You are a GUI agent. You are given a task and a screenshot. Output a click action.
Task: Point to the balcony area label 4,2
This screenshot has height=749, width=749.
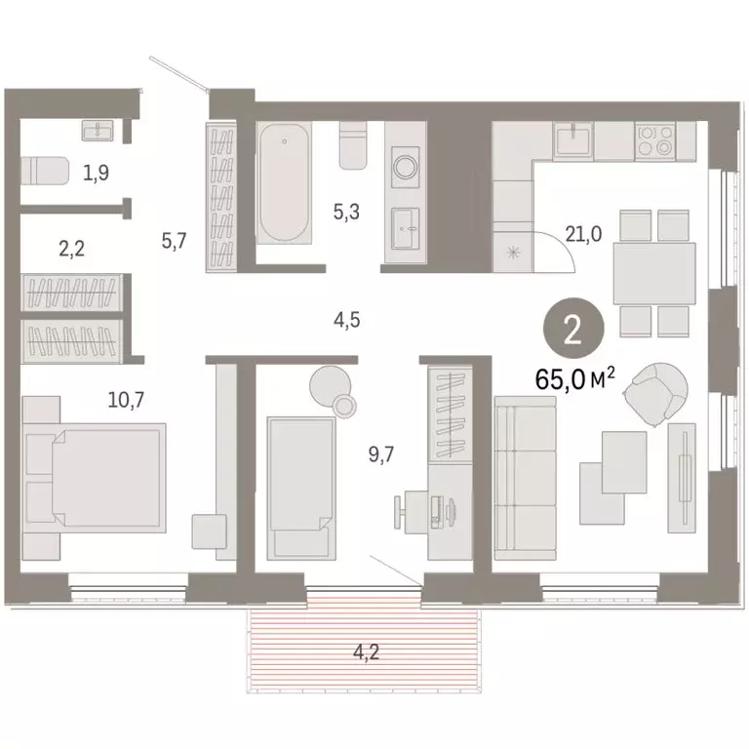click(365, 649)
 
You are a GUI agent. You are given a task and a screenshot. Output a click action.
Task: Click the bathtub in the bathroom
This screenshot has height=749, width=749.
click(285, 186)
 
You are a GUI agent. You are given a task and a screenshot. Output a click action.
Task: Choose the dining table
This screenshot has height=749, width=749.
click(652, 273)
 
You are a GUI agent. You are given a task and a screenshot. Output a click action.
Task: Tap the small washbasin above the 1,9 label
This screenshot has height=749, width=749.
click(99, 130)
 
